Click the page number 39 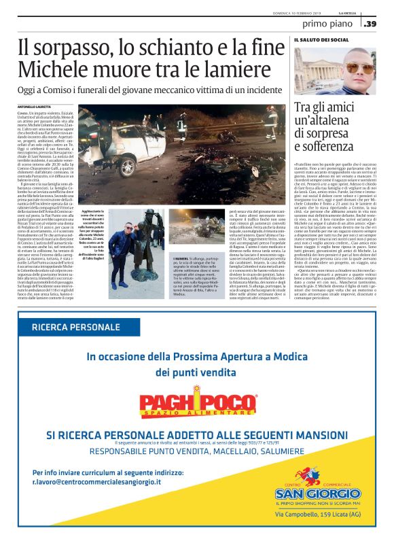point(371,24)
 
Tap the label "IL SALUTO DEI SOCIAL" point(321,40)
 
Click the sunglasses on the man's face point(359,69)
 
